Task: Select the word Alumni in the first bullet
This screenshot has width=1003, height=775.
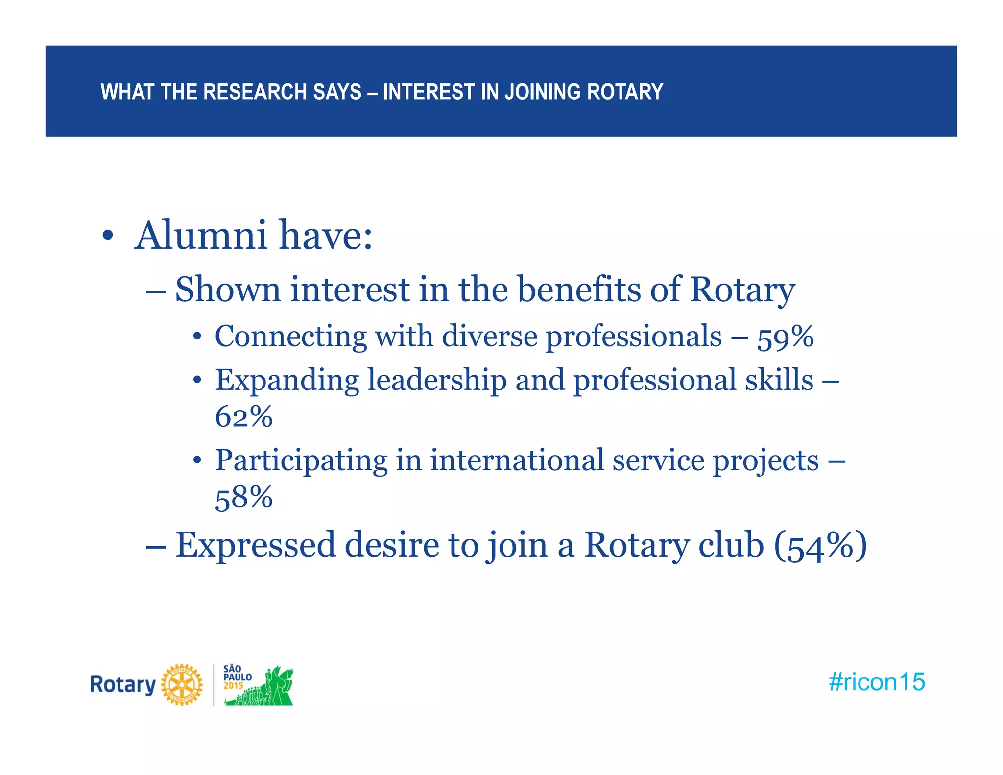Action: [x=201, y=236]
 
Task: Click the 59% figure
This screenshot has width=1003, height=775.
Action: [x=786, y=337]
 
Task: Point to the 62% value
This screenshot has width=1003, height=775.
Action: [x=244, y=417]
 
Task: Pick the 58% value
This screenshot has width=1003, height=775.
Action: [x=244, y=497]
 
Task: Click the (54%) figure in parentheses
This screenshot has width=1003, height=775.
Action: [x=820, y=545]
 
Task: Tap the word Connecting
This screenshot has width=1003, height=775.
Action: [x=291, y=337]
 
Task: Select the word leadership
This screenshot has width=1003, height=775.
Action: [x=437, y=380]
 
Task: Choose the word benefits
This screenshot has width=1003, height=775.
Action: [x=579, y=289]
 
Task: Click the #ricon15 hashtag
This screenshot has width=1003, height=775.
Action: [x=877, y=682]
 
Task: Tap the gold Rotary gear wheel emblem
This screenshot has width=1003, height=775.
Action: [x=182, y=685]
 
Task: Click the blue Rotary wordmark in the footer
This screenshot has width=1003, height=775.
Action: [x=122, y=685]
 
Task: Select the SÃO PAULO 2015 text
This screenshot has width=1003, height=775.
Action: [x=237, y=677]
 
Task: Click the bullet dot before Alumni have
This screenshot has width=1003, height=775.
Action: [x=108, y=237]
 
